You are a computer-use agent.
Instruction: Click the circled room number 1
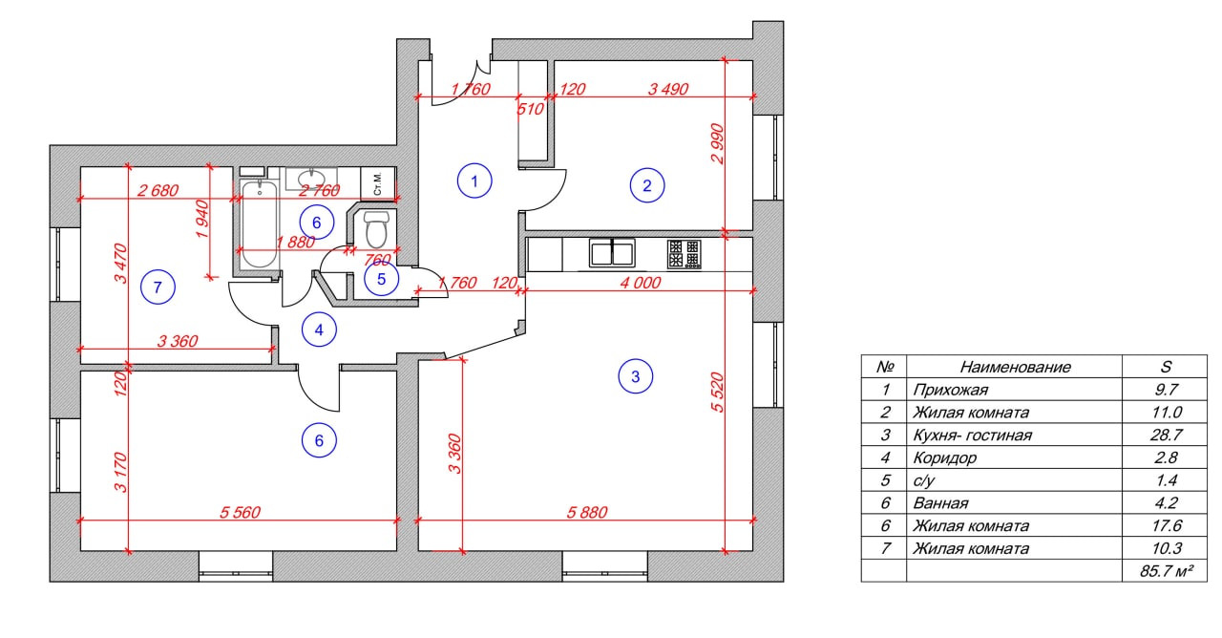tap(474, 180)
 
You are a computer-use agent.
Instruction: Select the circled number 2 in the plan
tap(646, 185)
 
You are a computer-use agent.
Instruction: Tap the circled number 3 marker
tap(636, 376)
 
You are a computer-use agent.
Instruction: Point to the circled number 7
tap(158, 286)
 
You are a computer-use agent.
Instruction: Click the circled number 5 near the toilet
tap(381, 279)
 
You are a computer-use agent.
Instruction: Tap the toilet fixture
tap(377, 229)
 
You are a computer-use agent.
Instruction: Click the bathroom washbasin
tap(312, 179)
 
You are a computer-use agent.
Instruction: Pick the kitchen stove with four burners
tap(684, 253)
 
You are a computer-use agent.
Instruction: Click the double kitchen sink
tap(613, 253)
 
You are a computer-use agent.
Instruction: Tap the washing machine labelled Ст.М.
tap(378, 182)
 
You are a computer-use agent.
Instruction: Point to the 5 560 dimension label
tap(240, 513)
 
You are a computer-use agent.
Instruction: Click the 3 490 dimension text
tap(667, 90)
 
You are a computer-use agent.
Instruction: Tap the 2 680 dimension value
tap(158, 190)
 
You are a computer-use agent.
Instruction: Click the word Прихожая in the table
tap(950, 390)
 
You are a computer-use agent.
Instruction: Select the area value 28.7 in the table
tap(1166, 435)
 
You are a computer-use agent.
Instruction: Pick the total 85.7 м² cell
tap(1166, 571)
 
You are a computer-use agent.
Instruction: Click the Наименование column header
tap(1015, 367)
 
